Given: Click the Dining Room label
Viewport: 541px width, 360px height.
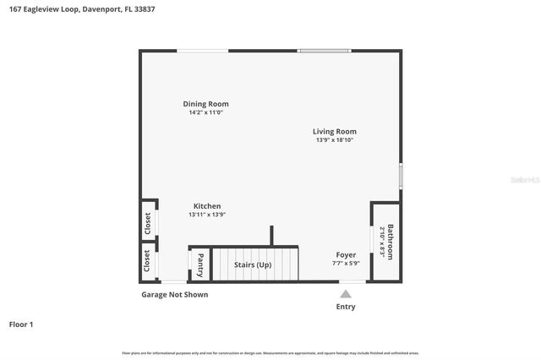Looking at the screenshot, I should (x=205, y=104).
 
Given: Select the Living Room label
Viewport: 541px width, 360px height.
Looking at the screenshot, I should (x=334, y=131).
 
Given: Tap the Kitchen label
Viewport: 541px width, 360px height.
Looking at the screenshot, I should (x=207, y=206).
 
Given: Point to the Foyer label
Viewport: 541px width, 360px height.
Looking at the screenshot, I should (x=346, y=254).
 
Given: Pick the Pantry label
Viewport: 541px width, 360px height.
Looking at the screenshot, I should (x=200, y=265).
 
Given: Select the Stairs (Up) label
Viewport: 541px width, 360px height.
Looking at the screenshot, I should (x=253, y=265).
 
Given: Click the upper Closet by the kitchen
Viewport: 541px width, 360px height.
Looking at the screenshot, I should (x=148, y=223).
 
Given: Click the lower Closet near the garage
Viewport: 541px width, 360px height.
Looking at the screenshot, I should (x=148, y=261).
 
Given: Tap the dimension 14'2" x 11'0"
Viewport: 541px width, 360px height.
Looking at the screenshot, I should (x=205, y=112).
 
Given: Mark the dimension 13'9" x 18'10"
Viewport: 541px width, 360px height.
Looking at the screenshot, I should (x=334, y=140).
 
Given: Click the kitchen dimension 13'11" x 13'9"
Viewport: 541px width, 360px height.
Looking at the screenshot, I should (x=207, y=215).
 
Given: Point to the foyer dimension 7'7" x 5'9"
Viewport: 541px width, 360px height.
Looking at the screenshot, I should (x=346, y=263).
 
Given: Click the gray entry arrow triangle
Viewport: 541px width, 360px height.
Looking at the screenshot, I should (x=345, y=294).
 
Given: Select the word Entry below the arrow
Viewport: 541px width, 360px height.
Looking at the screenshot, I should (x=346, y=307).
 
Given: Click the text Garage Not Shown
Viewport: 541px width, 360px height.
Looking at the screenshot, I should (x=174, y=295).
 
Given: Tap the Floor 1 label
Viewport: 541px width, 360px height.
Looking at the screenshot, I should (x=20, y=324).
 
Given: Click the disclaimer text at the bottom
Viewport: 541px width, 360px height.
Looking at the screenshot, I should (x=270, y=352).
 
